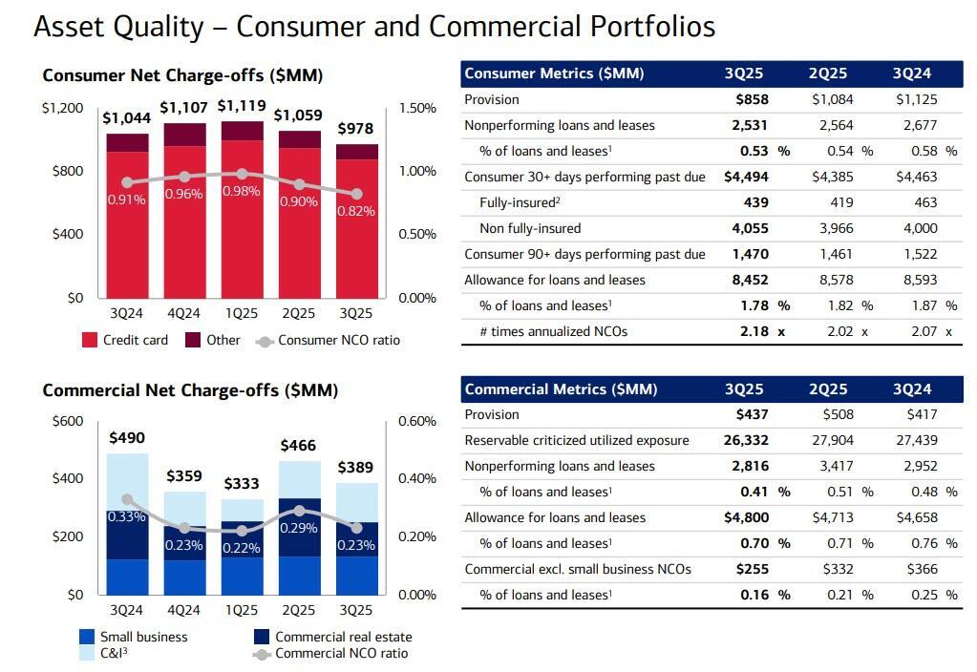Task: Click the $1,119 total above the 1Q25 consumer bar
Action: point(241,106)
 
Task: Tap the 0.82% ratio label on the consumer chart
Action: point(356,211)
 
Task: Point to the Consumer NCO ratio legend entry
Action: point(329,340)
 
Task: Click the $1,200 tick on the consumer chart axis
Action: point(62,108)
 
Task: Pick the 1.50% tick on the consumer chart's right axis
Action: point(417,108)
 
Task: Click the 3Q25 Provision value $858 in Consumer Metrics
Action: point(752,99)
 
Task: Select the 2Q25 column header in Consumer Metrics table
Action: point(828,73)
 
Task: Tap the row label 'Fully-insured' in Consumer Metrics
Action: point(518,202)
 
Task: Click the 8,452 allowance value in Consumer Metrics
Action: point(750,280)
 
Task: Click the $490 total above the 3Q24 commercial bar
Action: point(127,437)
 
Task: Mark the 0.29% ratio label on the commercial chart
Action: point(299,528)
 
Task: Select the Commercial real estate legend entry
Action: point(332,637)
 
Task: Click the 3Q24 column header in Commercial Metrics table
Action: point(912,389)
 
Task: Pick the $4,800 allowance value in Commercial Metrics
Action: point(746,517)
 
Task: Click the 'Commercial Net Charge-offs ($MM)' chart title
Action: point(190,390)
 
